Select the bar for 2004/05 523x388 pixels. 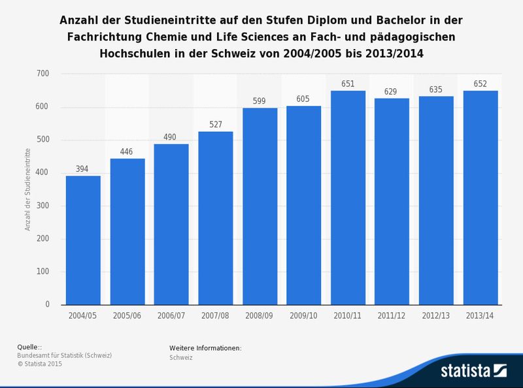click(x=83, y=240)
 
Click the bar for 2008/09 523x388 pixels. click(x=260, y=206)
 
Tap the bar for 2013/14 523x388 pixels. click(x=481, y=198)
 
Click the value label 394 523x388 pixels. click(x=83, y=169)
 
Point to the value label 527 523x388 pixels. click(x=216, y=124)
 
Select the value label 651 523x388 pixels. click(x=348, y=84)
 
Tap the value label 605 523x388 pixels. click(x=304, y=99)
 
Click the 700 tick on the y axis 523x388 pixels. click(x=43, y=74)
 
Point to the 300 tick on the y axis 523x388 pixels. click(x=43, y=206)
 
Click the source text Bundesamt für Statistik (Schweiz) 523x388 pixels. click(x=65, y=355)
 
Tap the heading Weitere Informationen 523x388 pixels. click(x=205, y=348)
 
